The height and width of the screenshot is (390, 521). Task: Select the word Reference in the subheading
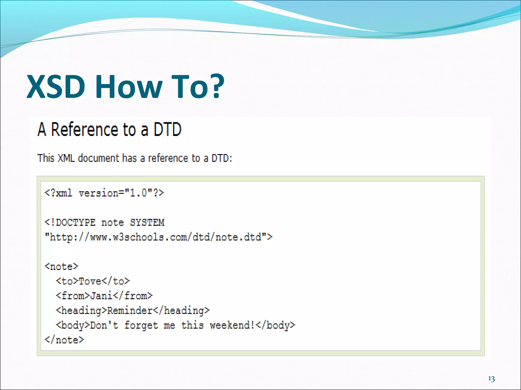pos(85,129)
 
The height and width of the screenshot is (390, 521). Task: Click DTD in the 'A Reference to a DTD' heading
pos(167,129)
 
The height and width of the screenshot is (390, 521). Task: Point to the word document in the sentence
pos(98,158)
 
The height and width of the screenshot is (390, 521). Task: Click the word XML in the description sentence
pos(66,158)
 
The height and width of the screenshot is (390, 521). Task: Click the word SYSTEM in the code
pos(147,223)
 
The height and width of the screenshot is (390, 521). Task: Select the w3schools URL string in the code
pos(158,237)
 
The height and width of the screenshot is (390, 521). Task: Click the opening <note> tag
pos(62,267)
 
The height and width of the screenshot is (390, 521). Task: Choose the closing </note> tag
pos(64,340)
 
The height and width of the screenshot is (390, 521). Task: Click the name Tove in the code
pos(90,281)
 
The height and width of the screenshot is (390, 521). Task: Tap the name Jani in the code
pos(101,296)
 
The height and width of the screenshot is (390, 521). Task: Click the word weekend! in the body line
pos(232,325)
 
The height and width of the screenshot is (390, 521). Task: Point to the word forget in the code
pos(141,325)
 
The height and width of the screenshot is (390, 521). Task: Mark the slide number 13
pos(491,379)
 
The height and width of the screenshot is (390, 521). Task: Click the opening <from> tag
pos(73,296)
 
